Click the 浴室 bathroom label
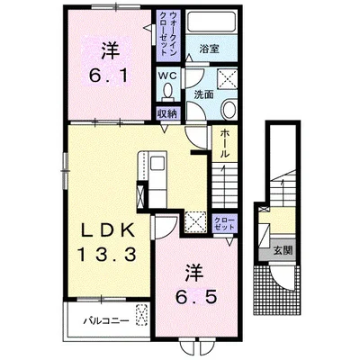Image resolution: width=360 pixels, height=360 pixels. pos(209,49)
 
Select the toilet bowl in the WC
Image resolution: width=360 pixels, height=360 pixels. pos(168,91)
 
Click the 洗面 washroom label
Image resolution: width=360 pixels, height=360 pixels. pos(203,94)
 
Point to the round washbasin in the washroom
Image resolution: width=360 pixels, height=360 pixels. pos(229,110)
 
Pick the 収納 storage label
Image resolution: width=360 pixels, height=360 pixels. pos(168,113)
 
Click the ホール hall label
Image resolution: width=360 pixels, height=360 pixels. pos(224,143)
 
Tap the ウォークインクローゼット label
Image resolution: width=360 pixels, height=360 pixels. pos(168,33)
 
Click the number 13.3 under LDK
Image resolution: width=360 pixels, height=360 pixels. pos(107,255)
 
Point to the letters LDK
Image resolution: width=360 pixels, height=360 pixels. pos(107,231)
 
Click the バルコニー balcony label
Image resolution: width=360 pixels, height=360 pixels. pos(106,321)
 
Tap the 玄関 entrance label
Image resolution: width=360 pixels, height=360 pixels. pos(282,250)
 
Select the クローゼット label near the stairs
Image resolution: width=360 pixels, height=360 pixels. pos(224,223)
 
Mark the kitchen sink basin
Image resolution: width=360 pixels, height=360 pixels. pos(157,164)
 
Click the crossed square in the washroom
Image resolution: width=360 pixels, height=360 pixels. pos(227,79)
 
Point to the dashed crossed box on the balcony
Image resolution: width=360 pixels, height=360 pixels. pos(142,315)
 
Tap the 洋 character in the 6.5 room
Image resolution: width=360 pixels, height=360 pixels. pos(194,273)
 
